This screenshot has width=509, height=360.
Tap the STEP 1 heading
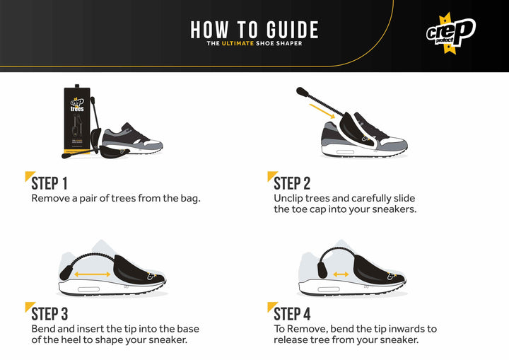49,183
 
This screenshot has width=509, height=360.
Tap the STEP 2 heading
292,183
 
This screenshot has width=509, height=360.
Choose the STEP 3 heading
49,313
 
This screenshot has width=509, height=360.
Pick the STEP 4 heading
292,313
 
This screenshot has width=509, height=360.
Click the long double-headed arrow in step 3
94,274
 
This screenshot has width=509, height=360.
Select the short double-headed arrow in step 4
341,274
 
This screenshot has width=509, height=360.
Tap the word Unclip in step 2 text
289,198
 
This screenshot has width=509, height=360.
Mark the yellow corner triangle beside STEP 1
28,175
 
